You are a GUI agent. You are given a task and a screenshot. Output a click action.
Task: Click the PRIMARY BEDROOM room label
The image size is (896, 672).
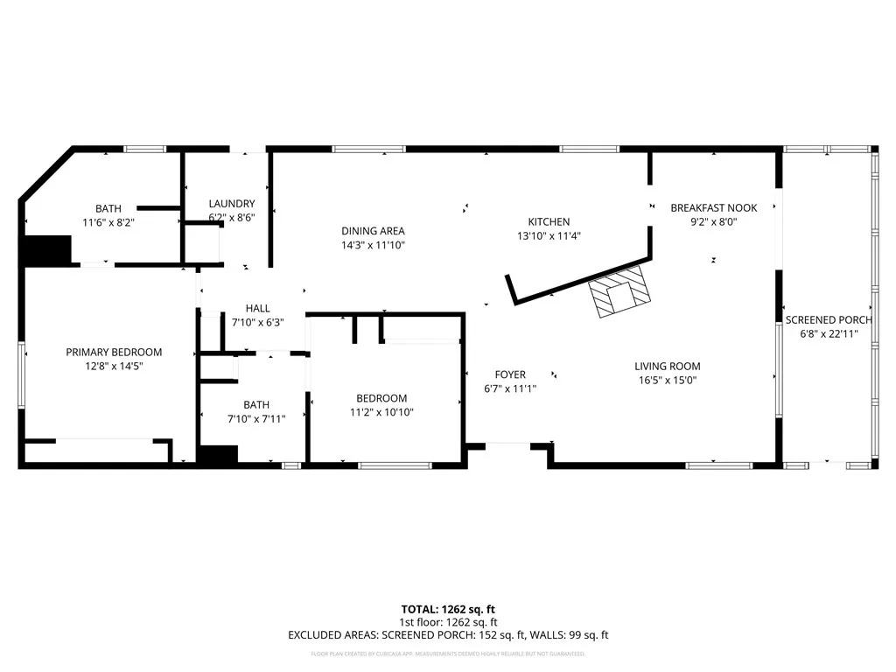click(x=114, y=353)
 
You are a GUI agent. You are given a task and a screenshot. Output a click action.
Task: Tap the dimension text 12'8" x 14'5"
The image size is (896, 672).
click(x=114, y=367)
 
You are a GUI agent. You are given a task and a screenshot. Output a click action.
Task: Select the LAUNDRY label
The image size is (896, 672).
click(x=232, y=203)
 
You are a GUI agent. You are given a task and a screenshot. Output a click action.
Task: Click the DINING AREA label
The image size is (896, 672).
click(x=373, y=231)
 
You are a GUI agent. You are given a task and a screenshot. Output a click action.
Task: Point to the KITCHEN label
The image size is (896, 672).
click(x=549, y=222)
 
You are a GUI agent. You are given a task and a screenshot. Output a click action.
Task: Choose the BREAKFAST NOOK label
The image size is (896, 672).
click(x=713, y=208)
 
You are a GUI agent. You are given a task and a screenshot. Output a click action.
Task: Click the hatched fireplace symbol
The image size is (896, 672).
click(x=619, y=294)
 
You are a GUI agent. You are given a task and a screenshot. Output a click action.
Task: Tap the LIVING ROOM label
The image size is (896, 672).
click(x=668, y=367)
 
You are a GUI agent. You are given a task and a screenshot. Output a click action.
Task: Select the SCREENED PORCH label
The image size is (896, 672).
click(x=828, y=320)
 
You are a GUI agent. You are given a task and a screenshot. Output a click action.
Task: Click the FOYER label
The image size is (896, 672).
click(x=510, y=374)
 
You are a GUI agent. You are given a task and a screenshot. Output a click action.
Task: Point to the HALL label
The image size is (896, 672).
click(x=258, y=309)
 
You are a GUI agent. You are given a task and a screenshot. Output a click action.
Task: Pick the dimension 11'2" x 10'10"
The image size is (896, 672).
click(x=381, y=412)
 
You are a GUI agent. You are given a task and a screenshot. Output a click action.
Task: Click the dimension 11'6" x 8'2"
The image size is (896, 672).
click(x=108, y=222)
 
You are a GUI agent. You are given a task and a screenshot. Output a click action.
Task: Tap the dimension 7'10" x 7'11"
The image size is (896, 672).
click(x=256, y=418)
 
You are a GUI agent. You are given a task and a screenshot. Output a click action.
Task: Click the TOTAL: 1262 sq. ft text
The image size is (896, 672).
click(x=448, y=609)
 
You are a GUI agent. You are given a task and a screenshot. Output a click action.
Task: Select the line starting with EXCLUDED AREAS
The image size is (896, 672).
click(x=448, y=635)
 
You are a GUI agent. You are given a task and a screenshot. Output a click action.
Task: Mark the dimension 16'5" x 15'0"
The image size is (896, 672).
click(x=668, y=381)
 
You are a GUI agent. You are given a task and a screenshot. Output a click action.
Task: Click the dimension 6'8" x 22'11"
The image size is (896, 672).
click(x=828, y=333)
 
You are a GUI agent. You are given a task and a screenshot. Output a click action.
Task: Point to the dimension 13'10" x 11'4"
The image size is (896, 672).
click(x=549, y=235)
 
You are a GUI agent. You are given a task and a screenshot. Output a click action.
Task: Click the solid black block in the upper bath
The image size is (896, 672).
click(x=46, y=249)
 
